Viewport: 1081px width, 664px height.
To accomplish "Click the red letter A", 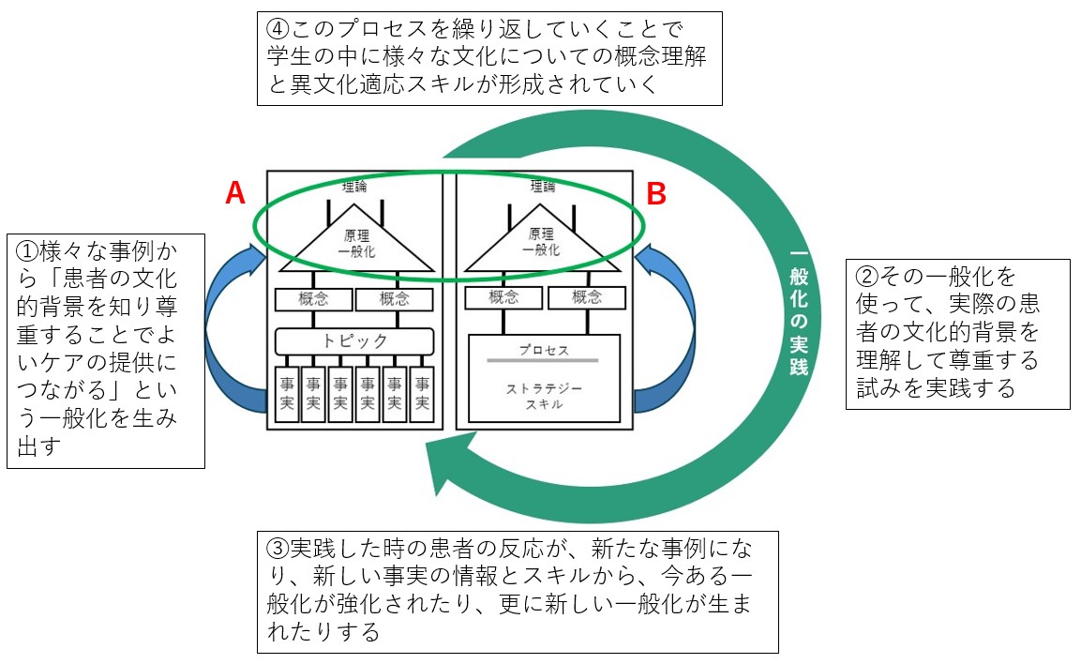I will (x=235, y=193).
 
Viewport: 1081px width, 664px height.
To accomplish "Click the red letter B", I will (x=657, y=194).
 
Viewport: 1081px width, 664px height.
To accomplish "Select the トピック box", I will (x=354, y=340).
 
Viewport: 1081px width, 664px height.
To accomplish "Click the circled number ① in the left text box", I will (x=26, y=251).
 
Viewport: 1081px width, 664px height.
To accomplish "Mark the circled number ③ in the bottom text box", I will (x=278, y=547).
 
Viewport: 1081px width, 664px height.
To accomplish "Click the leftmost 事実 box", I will (x=285, y=393).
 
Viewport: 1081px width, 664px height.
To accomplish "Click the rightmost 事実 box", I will (x=422, y=393).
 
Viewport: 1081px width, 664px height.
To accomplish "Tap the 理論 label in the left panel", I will (x=354, y=187).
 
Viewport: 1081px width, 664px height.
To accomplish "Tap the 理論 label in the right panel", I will (x=543, y=187).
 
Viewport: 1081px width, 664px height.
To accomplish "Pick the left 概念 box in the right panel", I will (x=503, y=298).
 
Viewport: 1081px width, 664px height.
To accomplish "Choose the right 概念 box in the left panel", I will (x=396, y=299).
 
